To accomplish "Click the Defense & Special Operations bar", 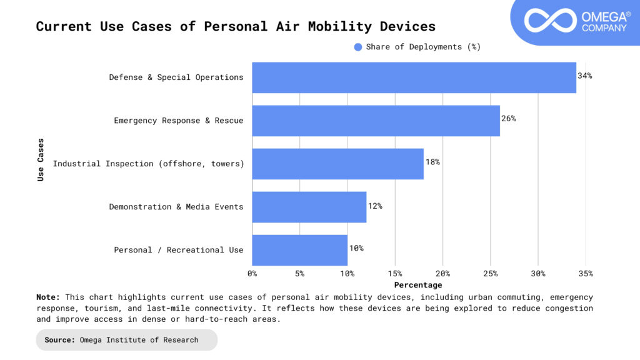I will tap(414, 77).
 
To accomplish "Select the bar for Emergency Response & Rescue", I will tap(376, 121).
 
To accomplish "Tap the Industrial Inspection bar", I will tap(337, 164).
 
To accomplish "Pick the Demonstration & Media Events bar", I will tap(309, 207).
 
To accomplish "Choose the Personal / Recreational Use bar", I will tap(299, 250).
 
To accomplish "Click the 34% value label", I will tap(584, 76).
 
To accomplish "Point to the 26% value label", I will tap(508, 119).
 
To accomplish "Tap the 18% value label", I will tap(432, 162).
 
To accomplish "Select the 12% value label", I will tap(375, 205).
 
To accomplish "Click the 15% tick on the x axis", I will tap(395, 274).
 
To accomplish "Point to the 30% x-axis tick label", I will tap(538, 274).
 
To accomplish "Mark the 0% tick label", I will tap(252, 274).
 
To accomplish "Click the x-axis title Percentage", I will tap(417, 285).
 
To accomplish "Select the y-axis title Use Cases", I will tap(41, 159).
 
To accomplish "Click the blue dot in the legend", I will tap(358, 47).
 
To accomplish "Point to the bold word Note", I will tap(48, 297).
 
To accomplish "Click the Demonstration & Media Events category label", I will tap(176, 207).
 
